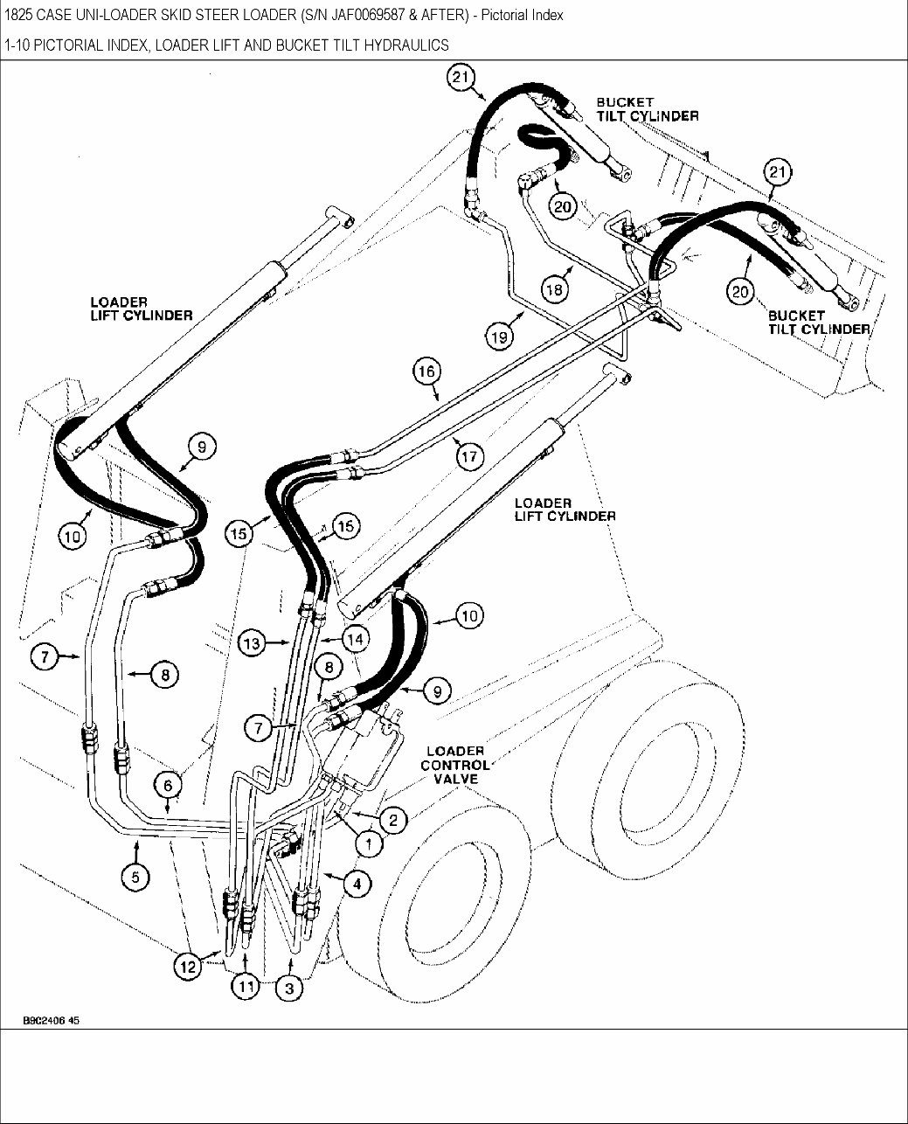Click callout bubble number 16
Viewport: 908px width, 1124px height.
426,371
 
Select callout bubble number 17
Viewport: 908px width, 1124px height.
469,455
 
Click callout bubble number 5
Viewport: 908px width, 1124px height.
135,877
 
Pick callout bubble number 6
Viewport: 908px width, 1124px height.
168,784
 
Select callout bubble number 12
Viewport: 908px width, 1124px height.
186,966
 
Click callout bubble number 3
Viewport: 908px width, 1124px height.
289,987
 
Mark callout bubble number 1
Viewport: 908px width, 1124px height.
369,844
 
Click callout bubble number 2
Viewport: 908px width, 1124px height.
393,819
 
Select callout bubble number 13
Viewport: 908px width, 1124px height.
252,644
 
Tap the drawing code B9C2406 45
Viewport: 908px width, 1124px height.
52,1020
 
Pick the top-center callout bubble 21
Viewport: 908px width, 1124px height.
461,79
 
